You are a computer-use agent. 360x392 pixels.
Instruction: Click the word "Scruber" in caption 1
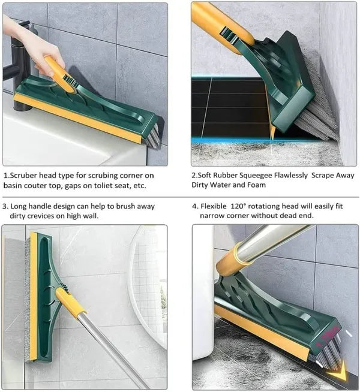click(28, 176)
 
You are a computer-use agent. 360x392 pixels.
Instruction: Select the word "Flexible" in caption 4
click(217, 206)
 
